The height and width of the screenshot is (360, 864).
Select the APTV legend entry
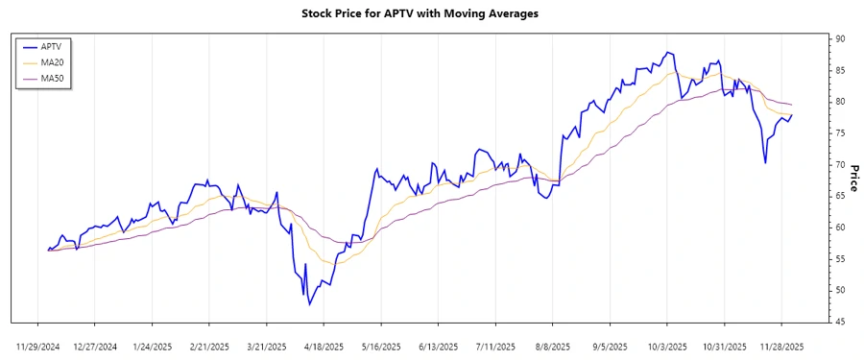pyautogui.click(x=59, y=46)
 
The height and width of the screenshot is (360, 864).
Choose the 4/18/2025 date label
pyautogui.click(x=324, y=346)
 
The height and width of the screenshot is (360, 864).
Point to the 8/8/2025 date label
pyautogui.click(x=553, y=346)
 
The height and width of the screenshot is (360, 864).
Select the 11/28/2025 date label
pyautogui.click(x=780, y=346)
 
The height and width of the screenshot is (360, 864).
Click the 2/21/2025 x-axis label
pyautogui.click(x=209, y=346)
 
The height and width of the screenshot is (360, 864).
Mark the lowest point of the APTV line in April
pyautogui.click(x=309, y=304)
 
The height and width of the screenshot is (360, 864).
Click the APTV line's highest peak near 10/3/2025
pyautogui.click(x=666, y=52)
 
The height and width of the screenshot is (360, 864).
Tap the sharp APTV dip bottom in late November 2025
pyautogui.click(x=765, y=162)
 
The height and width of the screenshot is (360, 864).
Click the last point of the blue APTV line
pyautogui.click(x=792, y=115)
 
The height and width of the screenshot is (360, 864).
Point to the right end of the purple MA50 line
pyautogui.click(x=792, y=104)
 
